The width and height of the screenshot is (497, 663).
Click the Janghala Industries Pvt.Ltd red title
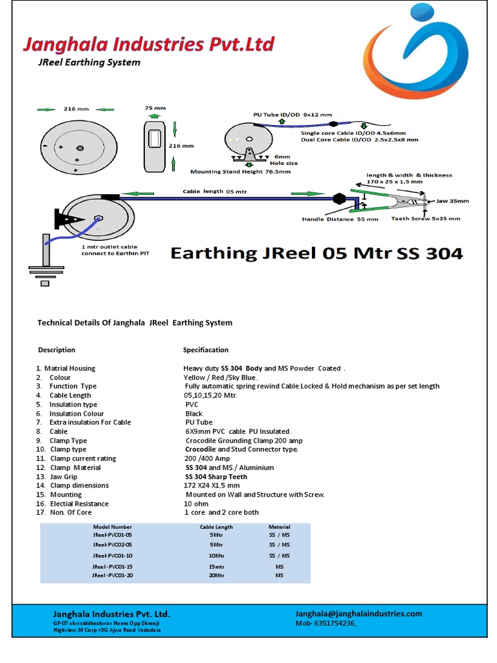(148, 45)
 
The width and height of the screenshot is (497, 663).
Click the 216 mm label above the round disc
(76, 109)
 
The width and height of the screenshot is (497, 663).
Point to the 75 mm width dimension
(155, 108)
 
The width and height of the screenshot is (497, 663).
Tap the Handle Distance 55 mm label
(340, 219)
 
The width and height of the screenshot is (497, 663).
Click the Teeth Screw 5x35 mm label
(426, 218)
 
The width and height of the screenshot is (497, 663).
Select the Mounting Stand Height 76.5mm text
(240, 172)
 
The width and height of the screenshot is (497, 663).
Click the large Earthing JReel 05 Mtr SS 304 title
(316, 253)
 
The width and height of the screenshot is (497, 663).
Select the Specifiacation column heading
(206, 350)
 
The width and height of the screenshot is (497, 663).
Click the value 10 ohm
(196, 504)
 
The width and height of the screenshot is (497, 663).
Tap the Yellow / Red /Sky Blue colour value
(221, 377)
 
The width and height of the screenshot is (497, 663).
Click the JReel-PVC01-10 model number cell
(113, 556)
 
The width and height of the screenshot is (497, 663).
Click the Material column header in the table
(280, 527)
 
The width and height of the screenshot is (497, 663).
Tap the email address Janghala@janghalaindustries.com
(359, 614)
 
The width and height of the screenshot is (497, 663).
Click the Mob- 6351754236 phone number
(326, 623)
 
